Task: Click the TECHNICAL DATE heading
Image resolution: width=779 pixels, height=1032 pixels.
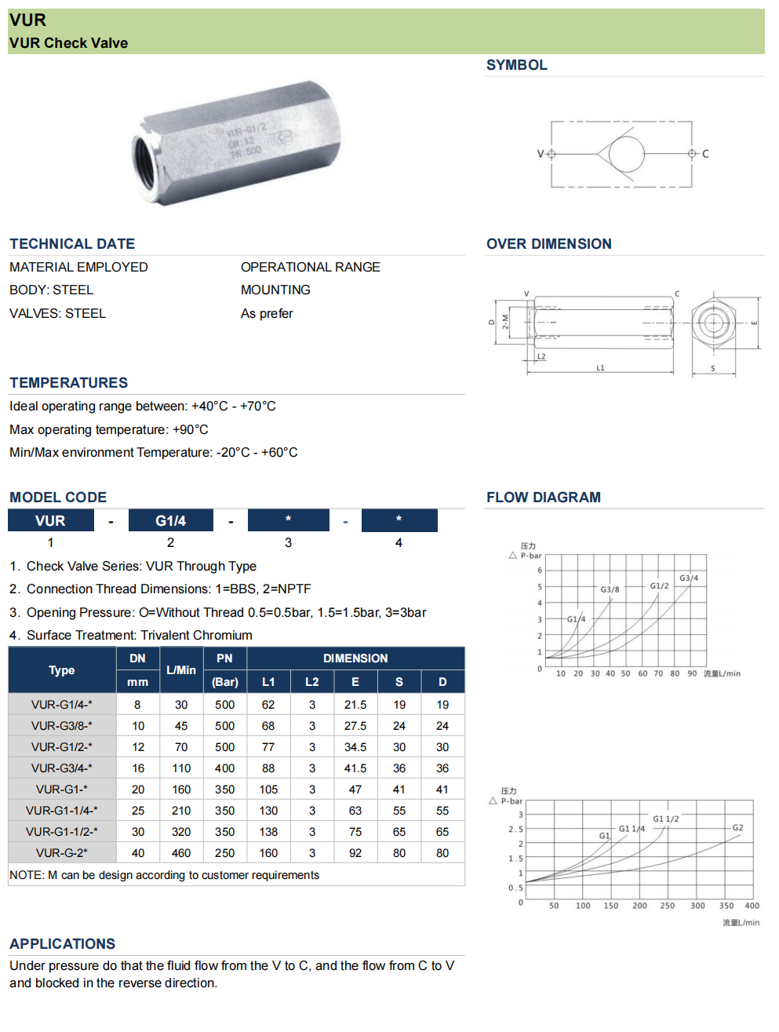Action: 72,244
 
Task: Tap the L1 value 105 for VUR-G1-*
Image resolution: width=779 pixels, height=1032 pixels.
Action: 268,789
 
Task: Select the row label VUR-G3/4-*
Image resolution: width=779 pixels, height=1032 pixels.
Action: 61,768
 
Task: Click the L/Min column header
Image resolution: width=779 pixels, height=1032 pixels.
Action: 181,670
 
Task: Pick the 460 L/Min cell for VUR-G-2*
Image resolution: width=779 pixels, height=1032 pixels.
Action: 181,853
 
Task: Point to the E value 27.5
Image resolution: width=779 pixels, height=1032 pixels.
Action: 355,726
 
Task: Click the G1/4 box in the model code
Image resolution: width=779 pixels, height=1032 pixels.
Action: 170,521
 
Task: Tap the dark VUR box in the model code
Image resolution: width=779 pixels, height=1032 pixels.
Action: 50,521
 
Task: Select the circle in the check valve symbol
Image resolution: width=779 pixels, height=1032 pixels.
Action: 626,154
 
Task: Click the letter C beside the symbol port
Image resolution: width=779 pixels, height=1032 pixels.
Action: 705,154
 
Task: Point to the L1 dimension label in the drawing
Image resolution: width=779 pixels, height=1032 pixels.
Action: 600,367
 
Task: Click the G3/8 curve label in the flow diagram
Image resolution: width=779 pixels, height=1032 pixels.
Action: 610,589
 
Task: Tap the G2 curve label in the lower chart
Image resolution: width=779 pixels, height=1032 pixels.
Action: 737,828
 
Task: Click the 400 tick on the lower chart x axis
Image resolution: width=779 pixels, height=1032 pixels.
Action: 752,906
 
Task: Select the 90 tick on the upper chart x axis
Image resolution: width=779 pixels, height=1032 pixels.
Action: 692,673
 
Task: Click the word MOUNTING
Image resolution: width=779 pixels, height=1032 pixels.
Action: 275,290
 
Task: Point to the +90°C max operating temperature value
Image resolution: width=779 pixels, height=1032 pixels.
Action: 191,430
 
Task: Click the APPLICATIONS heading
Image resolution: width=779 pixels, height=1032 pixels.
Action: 63,944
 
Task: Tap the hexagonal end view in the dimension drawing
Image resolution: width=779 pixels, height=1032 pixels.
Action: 713,323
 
